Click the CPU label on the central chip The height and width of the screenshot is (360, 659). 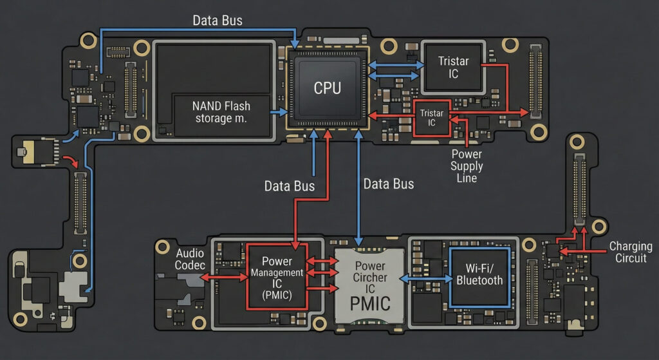tap(328, 88)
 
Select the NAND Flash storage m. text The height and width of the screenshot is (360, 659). tap(221, 112)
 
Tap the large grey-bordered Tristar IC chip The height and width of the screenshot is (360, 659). tap(453, 67)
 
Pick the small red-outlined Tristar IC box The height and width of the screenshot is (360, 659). tap(432, 118)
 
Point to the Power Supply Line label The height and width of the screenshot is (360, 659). tap(467, 166)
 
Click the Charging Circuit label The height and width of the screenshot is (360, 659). tap(631, 252)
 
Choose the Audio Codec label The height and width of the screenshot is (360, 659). tap(190, 259)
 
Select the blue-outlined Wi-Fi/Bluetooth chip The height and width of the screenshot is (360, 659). tap(479, 277)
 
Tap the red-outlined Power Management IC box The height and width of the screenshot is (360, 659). tap(277, 276)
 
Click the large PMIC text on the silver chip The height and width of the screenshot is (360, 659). tap(370, 303)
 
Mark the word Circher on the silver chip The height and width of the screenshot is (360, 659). tap(370, 278)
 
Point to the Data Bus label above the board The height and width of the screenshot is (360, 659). tap(218, 20)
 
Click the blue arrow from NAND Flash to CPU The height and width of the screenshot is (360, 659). tap(279, 112)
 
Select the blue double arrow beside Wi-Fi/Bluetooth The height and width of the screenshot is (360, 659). tap(425, 278)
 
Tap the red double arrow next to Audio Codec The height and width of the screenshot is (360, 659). tap(223, 277)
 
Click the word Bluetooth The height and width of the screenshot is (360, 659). tap(479, 281)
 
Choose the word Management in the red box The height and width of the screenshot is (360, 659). tap(277, 272)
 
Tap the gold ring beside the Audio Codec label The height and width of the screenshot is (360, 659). tap(162, 247)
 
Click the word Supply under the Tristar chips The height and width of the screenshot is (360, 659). tap(467, 167)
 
